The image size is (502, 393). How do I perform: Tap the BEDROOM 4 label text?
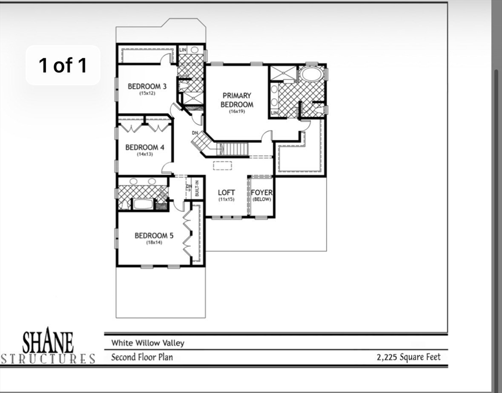(145, 147)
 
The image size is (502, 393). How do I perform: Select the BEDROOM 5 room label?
(154, 235)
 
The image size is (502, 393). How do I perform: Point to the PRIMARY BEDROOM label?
(237, 100)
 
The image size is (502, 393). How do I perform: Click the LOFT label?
(226, 193)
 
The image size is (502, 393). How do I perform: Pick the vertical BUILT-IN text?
(196, 187)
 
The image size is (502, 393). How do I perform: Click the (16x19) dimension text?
(237, 111)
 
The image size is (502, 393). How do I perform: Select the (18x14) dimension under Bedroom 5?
(154, 243)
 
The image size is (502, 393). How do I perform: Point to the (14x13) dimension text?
(145, 154)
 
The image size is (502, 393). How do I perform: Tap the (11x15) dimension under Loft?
(226, 199)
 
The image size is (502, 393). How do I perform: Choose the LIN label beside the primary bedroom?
(274, 113)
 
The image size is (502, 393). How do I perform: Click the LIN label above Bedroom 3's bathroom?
(183, 50)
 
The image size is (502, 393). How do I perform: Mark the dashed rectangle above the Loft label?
(222, 165)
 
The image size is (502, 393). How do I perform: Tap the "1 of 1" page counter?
(63, 65)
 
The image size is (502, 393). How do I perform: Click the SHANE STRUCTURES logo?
(48, 346)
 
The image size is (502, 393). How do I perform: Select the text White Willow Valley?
(148, 343)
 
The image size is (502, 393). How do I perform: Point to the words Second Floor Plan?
(142, 357)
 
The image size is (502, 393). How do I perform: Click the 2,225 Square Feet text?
(408, 357)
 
